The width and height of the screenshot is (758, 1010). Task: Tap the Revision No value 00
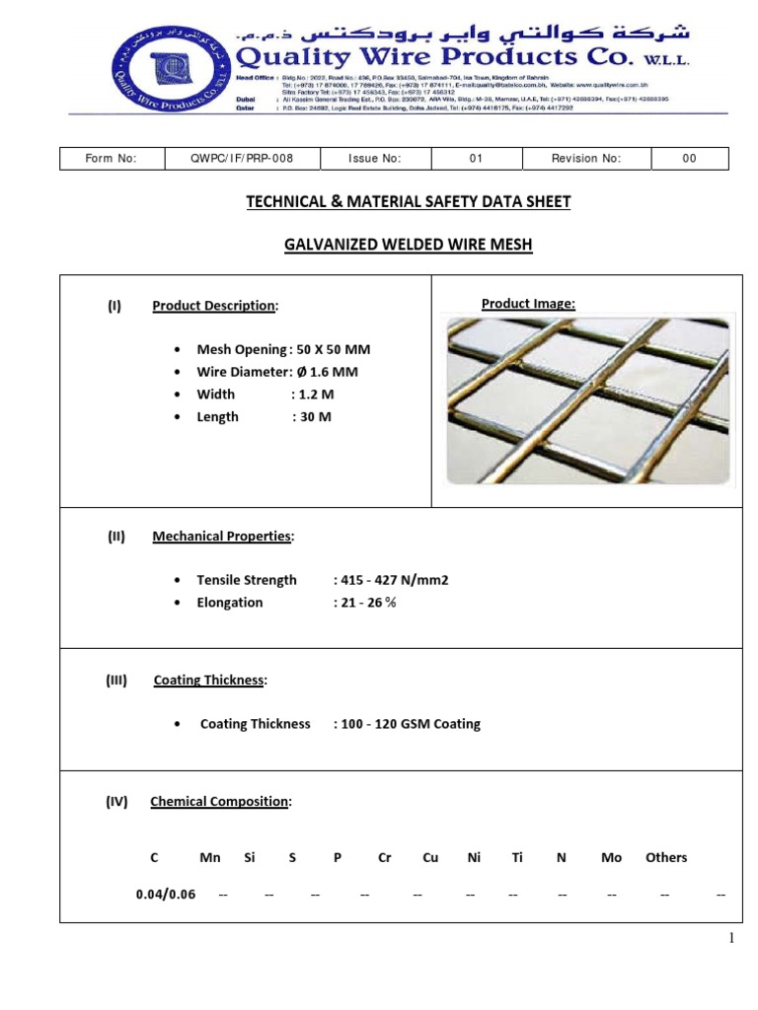pyautogui.click(x=689, y=159)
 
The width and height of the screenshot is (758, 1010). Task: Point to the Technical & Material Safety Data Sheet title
pyautogui.click(x=408, y=202)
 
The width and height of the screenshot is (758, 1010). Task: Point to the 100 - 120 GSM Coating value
pyautogui.click(x=412, y=724)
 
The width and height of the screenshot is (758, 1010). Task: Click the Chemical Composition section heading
pyautogui.click(x=220, y=802)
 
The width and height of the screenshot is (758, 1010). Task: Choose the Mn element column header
pyautogui.click(x=210, y=858)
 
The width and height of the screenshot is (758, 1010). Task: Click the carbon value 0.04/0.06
pyautogui.click(x=166, y=895)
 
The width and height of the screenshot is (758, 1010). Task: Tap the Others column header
pyautogui.click(x=666, y=858)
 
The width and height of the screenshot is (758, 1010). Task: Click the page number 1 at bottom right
pyautogui.click(x=731, y=939)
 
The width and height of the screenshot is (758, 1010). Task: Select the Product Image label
pyautogui.click(x=528, y=304)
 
